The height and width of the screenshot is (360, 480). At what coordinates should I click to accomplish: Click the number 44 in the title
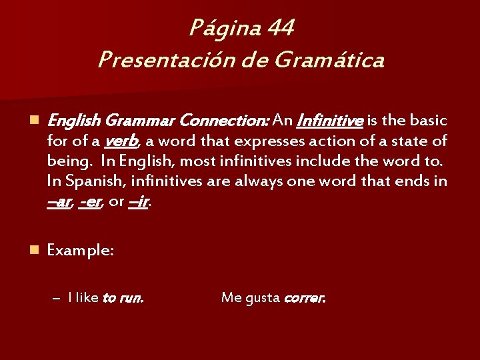pos(280,28)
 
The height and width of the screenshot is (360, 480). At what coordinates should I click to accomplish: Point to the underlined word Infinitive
pos(329,121)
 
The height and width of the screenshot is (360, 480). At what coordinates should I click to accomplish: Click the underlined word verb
pos(121,141)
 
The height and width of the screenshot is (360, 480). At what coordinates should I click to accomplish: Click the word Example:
pos(80,251)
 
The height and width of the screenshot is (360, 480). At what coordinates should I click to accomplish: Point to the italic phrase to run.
pos(122,298)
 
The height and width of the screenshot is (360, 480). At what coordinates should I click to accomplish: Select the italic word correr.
pos(304,298)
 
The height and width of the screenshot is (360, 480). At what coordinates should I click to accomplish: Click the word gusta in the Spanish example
pos(262,298)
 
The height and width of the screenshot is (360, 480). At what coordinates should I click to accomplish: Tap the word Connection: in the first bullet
pos(225,121)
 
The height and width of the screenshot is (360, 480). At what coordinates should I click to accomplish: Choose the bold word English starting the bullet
pos(75,121)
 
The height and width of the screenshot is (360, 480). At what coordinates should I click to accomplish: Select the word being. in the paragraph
pos(70,161)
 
